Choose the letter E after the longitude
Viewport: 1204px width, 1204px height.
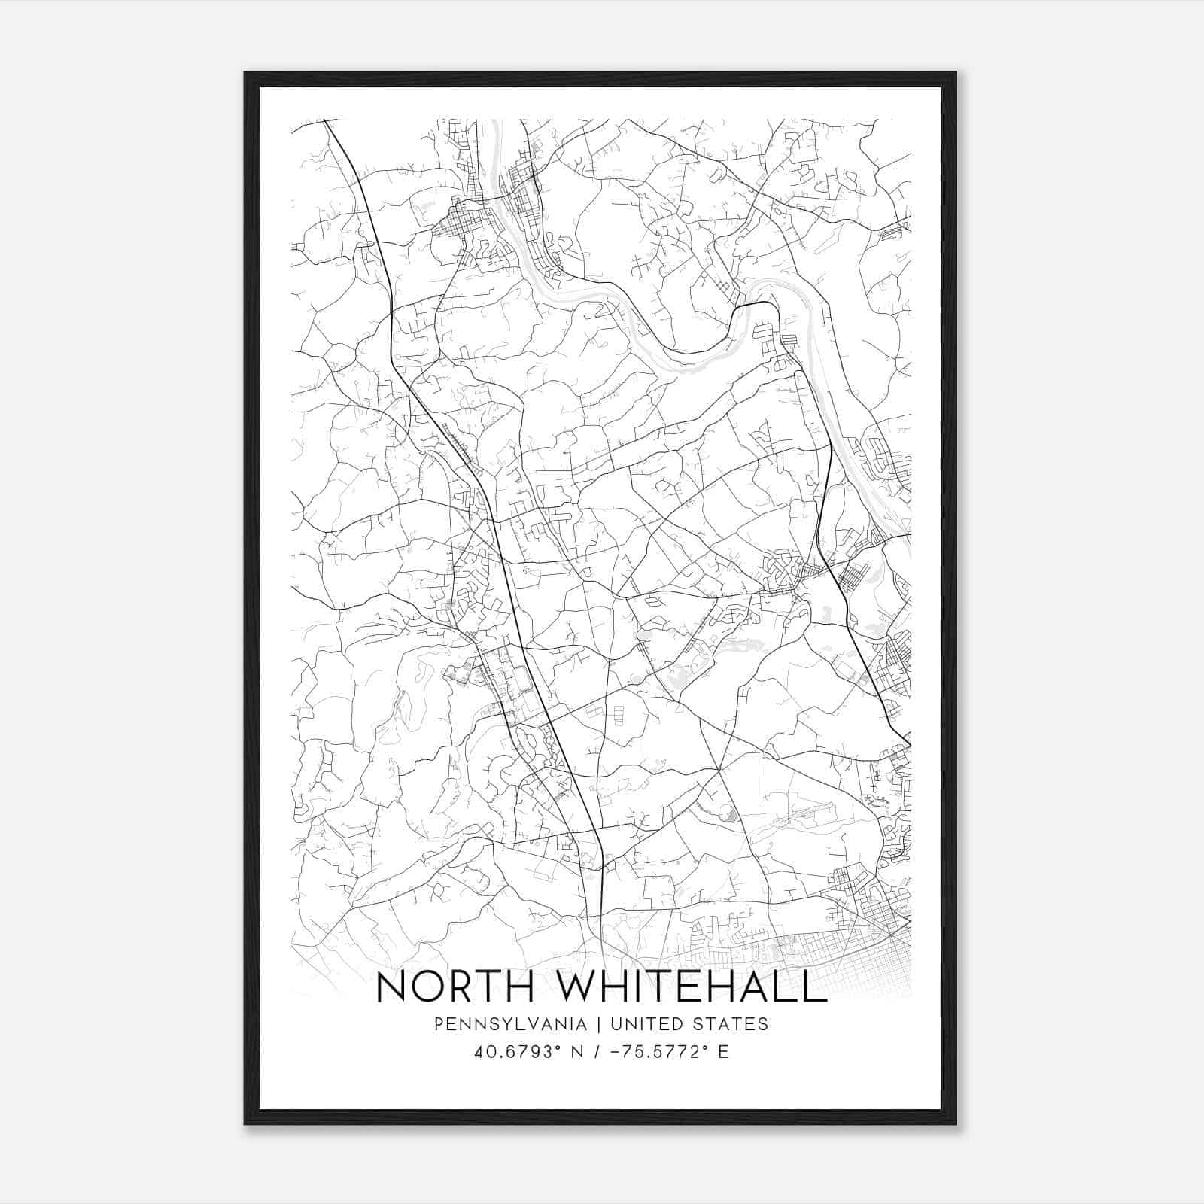point(723,1052)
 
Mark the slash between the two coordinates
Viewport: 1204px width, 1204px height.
point(597,1052)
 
